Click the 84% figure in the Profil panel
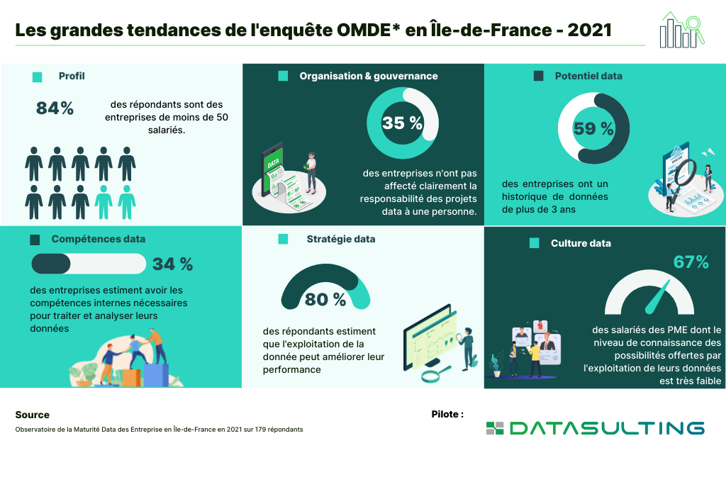[x=55, y=108]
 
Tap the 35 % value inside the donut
[x=402, y=123]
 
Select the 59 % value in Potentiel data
[x=593, y=128]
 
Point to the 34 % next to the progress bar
[x=172, y=264]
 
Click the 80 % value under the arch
[x=325, y=300]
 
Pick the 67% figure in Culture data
[x=691, y=262]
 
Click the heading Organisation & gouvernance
[x=368, y=76]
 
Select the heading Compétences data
[x=98, y=239]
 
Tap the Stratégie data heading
[x=341, y=239]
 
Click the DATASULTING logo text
[x=606, y=427]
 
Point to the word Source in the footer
[x=32, y=415]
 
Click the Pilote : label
[x=447, y=414]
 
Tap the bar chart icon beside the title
[x=678, y=30]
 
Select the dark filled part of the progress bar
[x=50, y=264]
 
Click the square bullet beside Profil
[x=38, y=77]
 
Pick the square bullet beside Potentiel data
[x=538, y=76]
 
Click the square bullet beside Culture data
[x=535, y=243]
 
